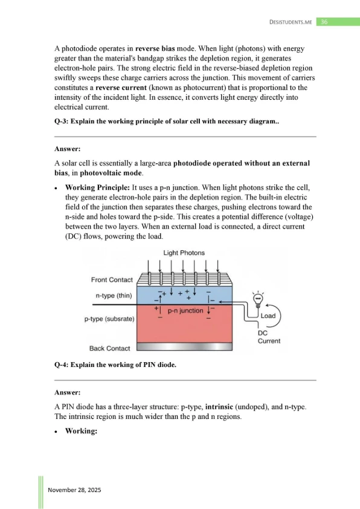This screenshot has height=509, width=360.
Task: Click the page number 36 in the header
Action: (324, 22)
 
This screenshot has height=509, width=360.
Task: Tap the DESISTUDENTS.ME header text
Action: (291, 22)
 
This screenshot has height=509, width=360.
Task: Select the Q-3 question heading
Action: (167, 122)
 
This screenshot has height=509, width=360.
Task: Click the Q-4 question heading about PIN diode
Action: (115, 365)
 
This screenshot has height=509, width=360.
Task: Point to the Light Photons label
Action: (184, 253)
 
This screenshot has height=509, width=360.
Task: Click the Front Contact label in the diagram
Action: (112, 280)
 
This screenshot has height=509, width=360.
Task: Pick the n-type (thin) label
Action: (114, 296)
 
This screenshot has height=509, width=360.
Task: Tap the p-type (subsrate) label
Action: (109, 319)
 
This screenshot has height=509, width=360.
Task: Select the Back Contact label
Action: (109, 348)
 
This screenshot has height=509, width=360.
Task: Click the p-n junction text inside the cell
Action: (185, 311)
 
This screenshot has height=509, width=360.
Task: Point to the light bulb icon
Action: (258, 299)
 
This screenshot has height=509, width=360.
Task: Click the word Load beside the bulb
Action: (268, 316)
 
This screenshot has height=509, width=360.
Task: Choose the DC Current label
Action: (269, 337)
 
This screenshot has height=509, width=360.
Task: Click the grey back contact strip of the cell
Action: (185, 347)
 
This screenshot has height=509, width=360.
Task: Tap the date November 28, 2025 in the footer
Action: (74, 490)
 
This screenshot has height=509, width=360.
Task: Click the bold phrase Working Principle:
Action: (97, 187)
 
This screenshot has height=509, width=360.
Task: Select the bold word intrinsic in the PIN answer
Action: (219, 407)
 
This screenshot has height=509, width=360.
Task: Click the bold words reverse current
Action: (121, 88)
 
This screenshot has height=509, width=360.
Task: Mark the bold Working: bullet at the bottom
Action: (81, 431)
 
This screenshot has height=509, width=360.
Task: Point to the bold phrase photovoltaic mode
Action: (111, 173)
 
